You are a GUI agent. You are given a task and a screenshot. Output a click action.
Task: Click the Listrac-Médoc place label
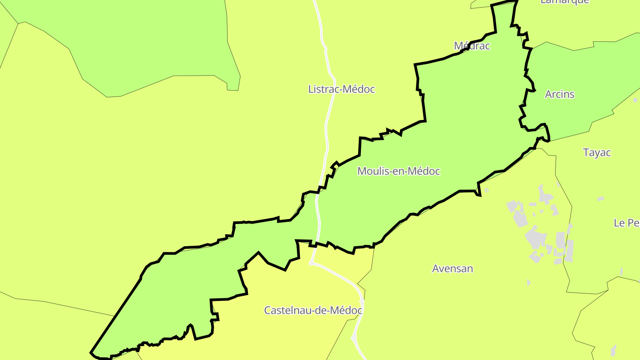341,89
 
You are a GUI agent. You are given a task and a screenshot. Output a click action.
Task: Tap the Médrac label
472,46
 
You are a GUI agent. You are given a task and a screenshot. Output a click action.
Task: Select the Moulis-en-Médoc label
399,171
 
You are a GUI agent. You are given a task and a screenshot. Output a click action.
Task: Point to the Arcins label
560,94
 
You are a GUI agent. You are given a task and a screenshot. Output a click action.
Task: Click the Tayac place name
597,153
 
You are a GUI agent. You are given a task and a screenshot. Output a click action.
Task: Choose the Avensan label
452,269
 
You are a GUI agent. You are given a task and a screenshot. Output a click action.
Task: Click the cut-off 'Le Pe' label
626,223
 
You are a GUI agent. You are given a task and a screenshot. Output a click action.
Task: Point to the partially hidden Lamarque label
564,2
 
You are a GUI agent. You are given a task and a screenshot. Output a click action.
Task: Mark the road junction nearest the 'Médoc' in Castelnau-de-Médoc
362,301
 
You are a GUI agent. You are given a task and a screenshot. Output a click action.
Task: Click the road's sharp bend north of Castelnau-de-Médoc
311,263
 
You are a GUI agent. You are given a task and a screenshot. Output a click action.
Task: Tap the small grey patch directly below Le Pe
621,271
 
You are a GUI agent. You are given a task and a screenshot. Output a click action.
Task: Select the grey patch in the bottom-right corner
614,350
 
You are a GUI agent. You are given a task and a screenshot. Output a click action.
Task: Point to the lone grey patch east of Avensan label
528,283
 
